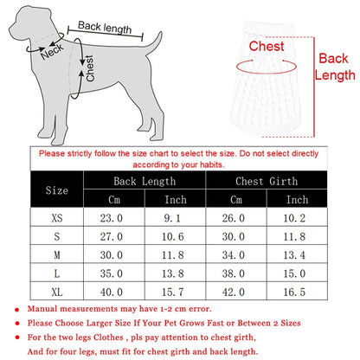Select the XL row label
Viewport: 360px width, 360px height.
point(56,293)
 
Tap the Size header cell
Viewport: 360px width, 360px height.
point(56,190)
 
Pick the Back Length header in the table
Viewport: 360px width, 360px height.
point(144,181)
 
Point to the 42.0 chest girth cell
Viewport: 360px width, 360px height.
point(236,293)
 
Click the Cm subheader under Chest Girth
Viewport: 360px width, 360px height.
point(236,200)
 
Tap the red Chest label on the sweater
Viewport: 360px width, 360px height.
point(266,47)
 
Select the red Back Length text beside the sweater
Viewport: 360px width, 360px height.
point(334,67)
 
